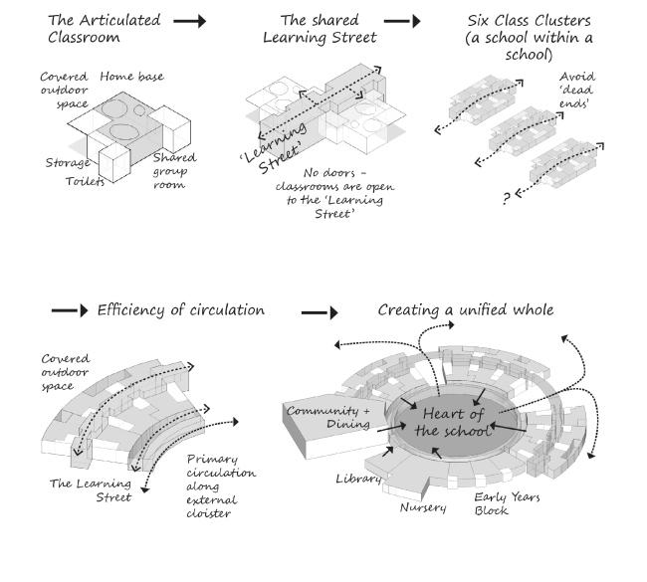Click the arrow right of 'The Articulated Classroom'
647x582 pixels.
pos(189,20)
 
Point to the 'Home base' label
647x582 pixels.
pos(131,77)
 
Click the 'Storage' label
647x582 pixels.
pos(68,162)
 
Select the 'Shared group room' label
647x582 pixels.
pos(174,171)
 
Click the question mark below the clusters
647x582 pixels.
pos(507,199)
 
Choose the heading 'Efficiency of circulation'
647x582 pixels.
pos(180,310)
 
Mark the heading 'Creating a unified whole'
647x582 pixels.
pos(465,310)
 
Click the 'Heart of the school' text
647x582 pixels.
pos(455,422)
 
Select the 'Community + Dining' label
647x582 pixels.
pos(327,417)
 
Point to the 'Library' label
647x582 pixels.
pos(359,480)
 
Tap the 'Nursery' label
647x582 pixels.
pos(423,507)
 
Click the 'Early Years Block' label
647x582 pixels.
pos(507,503)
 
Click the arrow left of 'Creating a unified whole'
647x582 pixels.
pos(320,311)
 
